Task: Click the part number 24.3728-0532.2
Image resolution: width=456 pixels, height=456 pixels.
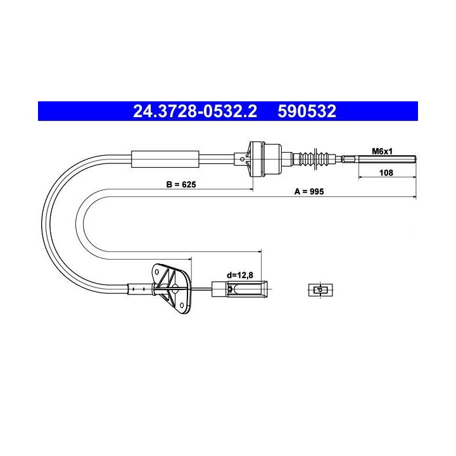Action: coord(195,111)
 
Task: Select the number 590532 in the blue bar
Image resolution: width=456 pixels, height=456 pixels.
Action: coord(307,111)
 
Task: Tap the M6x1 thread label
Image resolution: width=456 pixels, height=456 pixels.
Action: coord(382,151)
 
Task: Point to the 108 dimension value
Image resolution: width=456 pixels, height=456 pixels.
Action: coord(386,173)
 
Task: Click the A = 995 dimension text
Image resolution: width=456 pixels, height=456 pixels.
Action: coord(309,191)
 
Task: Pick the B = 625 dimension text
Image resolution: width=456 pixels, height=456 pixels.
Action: coord(181,184)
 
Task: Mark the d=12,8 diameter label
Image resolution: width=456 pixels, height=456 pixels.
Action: coord(240,275)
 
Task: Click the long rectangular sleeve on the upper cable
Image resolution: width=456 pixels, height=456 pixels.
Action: coord(165,160)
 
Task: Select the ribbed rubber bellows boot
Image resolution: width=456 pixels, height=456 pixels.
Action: coord(314,159)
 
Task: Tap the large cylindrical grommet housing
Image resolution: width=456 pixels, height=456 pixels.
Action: coord(265,160)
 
